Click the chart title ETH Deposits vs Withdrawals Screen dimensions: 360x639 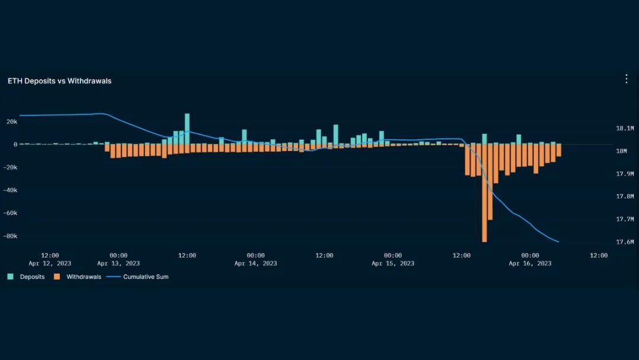coord(59,81)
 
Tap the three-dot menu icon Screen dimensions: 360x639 coord(627,79)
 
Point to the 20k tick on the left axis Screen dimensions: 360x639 coord(12,121)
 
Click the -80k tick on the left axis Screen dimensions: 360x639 coord(10,236)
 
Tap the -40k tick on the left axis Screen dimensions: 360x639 coord(10,190)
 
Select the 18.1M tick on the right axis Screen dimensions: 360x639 coord(625,128)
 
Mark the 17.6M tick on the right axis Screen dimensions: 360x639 coord(625,242)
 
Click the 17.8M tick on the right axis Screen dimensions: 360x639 coord(625,196)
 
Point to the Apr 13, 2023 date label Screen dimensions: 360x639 coord(118,263)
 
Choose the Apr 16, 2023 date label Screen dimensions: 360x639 coord(530,263)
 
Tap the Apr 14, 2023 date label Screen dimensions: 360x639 coord(256,263)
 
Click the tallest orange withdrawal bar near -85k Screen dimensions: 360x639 coord(485,195)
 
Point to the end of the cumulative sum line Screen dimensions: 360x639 coord(559,242)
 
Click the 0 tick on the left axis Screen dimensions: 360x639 coord(15,144)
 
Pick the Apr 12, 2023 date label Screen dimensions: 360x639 coord(50,263)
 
